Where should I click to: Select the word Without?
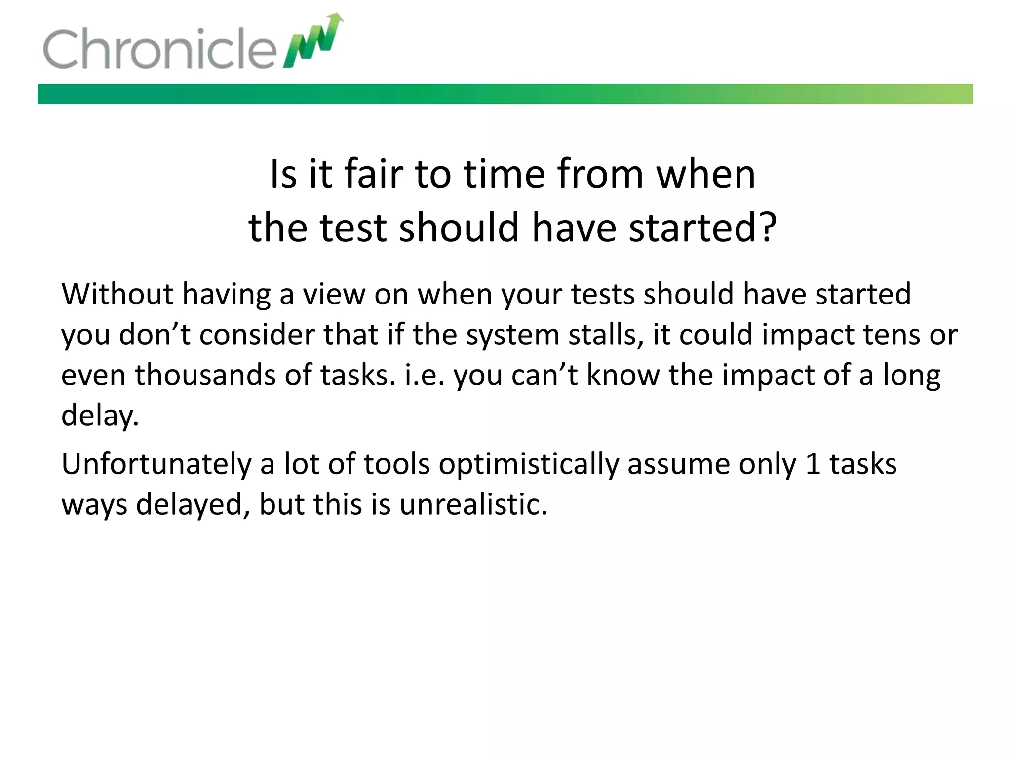pyautogui.click(x=117, y=294)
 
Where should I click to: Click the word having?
pyautogui.click(x=227, y=295)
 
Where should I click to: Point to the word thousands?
pyautogui.click(x=205, y=375)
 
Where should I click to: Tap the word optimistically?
pyautogui.click(x=528, y=465)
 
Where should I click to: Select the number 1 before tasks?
pyautogui.click(x=812, y=465)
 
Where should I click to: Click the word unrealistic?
pyautogui.click(x=473, y=505)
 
